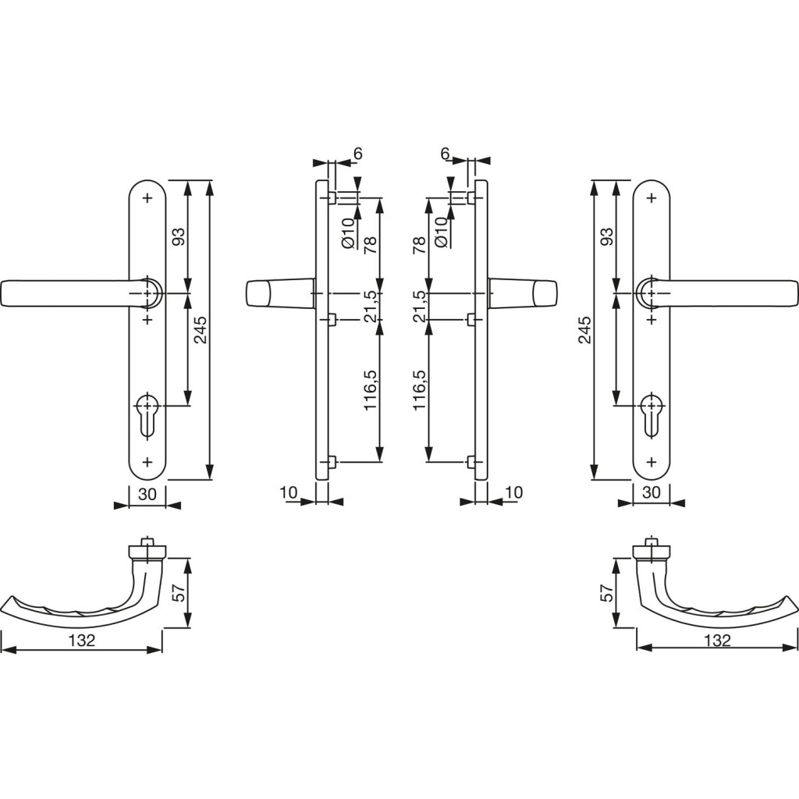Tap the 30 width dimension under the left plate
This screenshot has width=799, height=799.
[147, 493]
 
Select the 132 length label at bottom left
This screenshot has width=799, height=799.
[82, 640]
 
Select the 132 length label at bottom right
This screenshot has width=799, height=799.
[718, 640]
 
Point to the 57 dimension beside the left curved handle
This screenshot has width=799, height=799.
[179, 593]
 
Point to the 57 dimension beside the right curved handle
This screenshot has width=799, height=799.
[607, 593]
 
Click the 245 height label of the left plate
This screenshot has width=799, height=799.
[201, 330]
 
